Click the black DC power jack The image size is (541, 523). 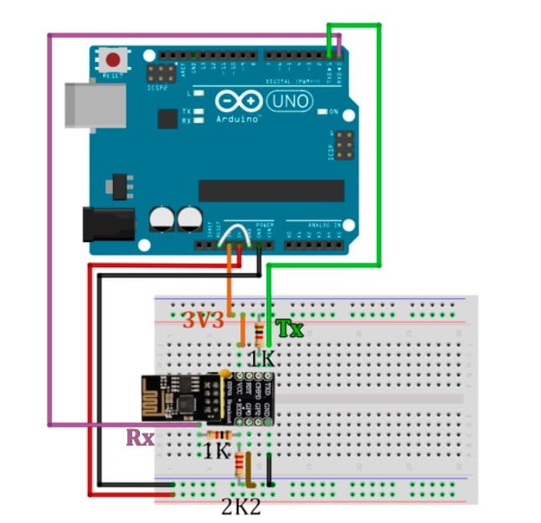pyautogui.click(x=108, y=224)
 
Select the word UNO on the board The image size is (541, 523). pyautogui.click(x=290, y=101)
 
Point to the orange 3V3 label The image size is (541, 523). pyautogui.click(x=203, y=320)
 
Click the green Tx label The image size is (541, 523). pyautogui.click(x=289, y=328)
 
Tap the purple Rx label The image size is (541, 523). pyautogui.click(x=139, y=437)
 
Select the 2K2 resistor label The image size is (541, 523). pyautogui.click(x=241, y=505)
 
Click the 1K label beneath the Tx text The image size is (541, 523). pyautogui.click(x=260, y=358)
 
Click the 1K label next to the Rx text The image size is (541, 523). pyautogui.click(x=217, y=451)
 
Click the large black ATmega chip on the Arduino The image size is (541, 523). pyautogui.click(x=270, y=190)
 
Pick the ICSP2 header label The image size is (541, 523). pyautogui.click(x=157, y=86)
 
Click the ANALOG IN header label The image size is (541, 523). pyautogui.click(x=323, y=225)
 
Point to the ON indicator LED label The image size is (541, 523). pyautogui.click(x=332, y=112)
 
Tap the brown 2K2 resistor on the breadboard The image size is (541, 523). pyautogui.click(x=245, y=468)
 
